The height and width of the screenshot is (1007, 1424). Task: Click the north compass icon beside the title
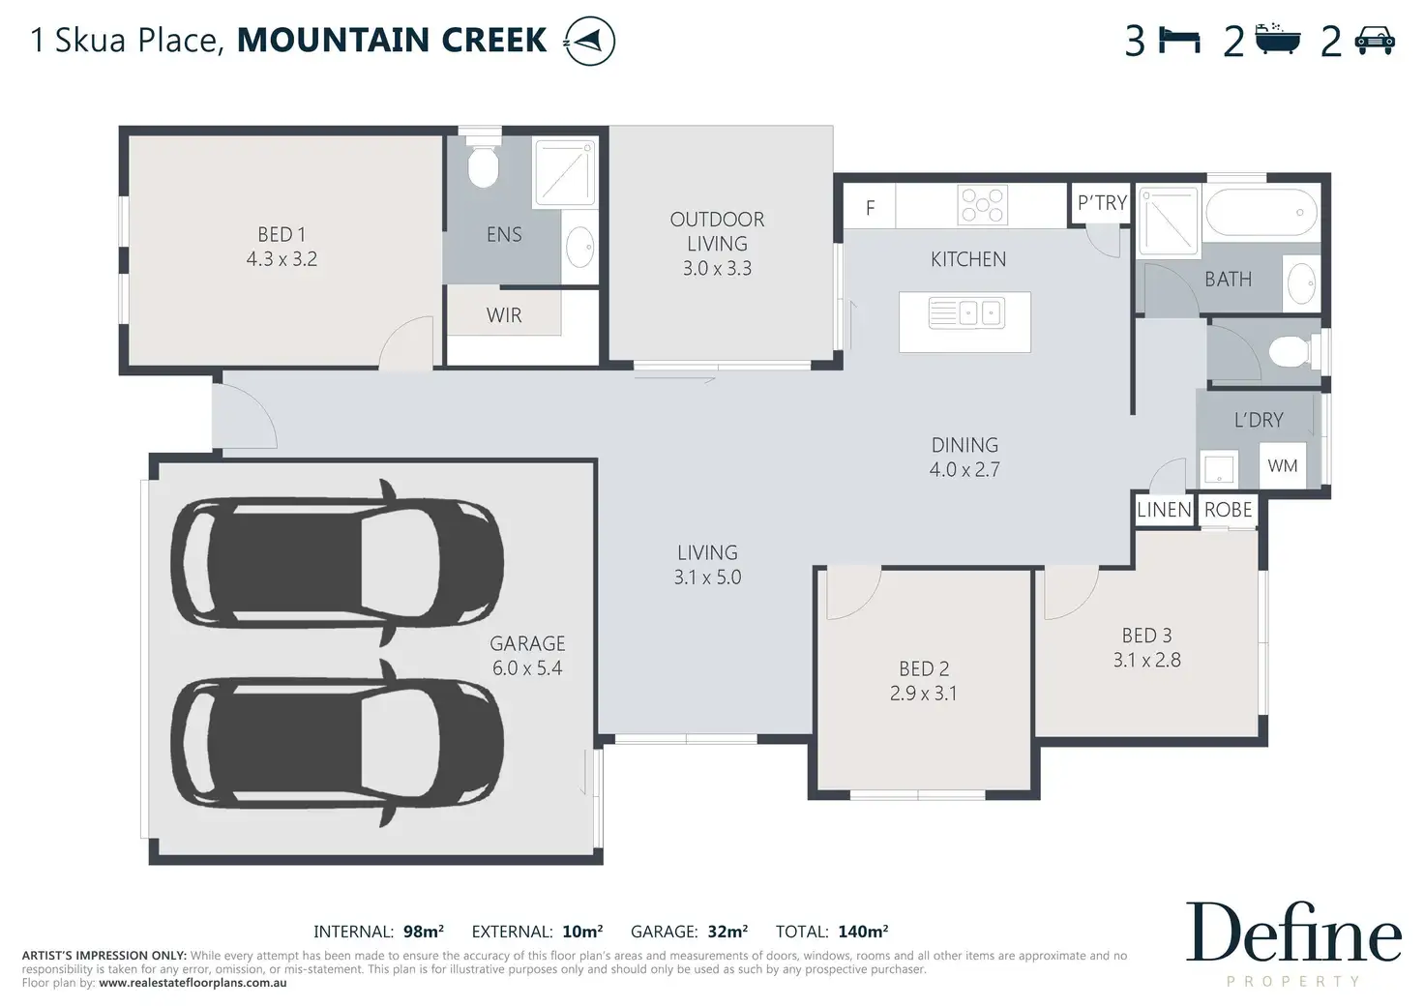(x=589, y=42)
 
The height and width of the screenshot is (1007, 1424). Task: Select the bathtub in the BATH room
(x=1261, y=212)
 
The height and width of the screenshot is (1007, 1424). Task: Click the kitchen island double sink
(x=966, y=312)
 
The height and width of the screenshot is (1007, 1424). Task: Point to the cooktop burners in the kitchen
(x=982, y=205)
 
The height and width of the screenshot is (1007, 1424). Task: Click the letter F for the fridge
(x=871, y=207)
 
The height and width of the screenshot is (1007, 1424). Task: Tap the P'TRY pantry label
(x=1102, y=203)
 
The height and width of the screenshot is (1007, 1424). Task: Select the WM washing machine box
(x=1282, y=465)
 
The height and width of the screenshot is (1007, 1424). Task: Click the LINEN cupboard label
(x=1164, y=509)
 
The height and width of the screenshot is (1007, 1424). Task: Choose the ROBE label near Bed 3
(x=1228, y=509)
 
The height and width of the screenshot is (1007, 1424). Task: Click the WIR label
(x=504, y=315)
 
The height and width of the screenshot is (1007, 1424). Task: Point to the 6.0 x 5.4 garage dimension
(x=527, y=668)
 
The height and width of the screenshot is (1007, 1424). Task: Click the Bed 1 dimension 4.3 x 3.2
(x=282, y=258)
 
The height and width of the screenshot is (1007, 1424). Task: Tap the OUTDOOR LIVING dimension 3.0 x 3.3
(x=717, y=268)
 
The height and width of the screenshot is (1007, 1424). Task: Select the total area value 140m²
(x=863, y=932)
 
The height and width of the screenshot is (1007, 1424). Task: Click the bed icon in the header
(x=1179, y=41)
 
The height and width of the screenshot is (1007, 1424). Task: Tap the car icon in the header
(x=1375, y=41)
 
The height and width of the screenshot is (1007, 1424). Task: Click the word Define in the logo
(x=1293, y=933)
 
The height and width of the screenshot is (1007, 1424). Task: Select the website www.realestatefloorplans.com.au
(x=193, y=983)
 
